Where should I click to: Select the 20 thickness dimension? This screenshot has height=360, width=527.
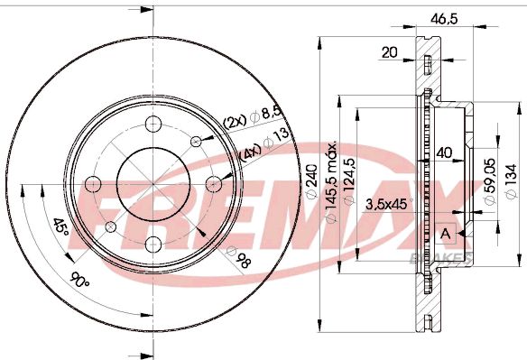click(390, 51)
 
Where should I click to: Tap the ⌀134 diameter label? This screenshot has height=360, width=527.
click(513, 187)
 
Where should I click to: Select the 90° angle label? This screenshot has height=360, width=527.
click(80, 282)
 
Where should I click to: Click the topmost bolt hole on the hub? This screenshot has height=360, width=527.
click(153, 123)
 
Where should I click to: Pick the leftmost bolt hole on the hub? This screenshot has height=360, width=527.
click(91, 183)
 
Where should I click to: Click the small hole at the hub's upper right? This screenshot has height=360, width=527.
click(196, 140)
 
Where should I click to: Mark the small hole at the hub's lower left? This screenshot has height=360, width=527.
click(109, 226)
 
